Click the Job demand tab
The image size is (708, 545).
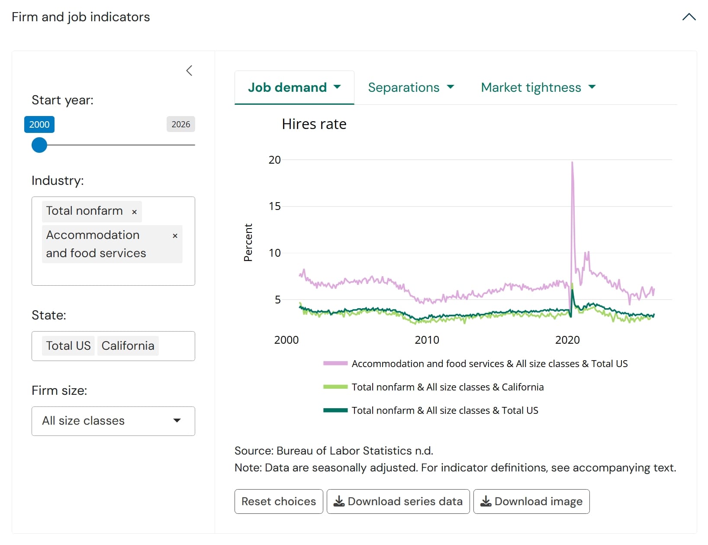pos(294,87)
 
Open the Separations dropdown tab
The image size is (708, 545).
pos(411,87)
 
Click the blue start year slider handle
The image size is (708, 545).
pos(39,145)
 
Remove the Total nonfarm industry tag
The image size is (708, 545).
pos(134,212)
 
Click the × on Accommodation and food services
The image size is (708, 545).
pos(175,236)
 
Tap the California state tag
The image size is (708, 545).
pos(128,345)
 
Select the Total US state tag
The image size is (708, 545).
pos(68,345)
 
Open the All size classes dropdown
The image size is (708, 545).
pos(113,421)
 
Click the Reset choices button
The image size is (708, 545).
pos(279,501)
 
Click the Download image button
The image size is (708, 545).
pos(531,501)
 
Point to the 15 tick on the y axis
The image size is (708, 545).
pos(274,206)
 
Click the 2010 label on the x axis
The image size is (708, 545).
pos(427,340)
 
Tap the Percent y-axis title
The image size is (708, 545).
pos(248,242)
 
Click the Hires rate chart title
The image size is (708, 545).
pos(314,124)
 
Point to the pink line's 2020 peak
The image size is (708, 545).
pos(572,162)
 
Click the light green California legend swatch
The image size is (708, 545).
pos(335,387)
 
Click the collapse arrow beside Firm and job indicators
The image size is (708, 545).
pos(689,17)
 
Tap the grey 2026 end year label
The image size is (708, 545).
pos(180,124)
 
